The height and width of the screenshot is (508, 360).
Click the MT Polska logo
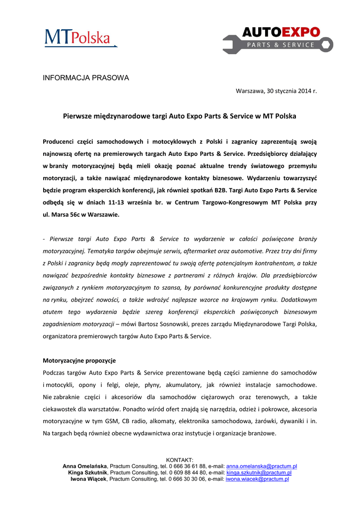pos(80,38)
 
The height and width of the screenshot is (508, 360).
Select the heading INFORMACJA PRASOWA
pos(86,78)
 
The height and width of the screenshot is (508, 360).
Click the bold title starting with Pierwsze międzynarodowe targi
pos(179,116)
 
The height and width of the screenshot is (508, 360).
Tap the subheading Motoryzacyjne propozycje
pos(79,360)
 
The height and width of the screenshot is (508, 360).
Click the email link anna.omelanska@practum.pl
pos(261,466)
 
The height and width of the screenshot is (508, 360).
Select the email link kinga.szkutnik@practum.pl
pos(259,473)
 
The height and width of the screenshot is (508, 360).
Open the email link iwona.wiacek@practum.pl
pos(257,479)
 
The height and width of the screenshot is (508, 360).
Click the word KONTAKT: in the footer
pos(180,460)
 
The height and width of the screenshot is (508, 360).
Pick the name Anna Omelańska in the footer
pos(84,466)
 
